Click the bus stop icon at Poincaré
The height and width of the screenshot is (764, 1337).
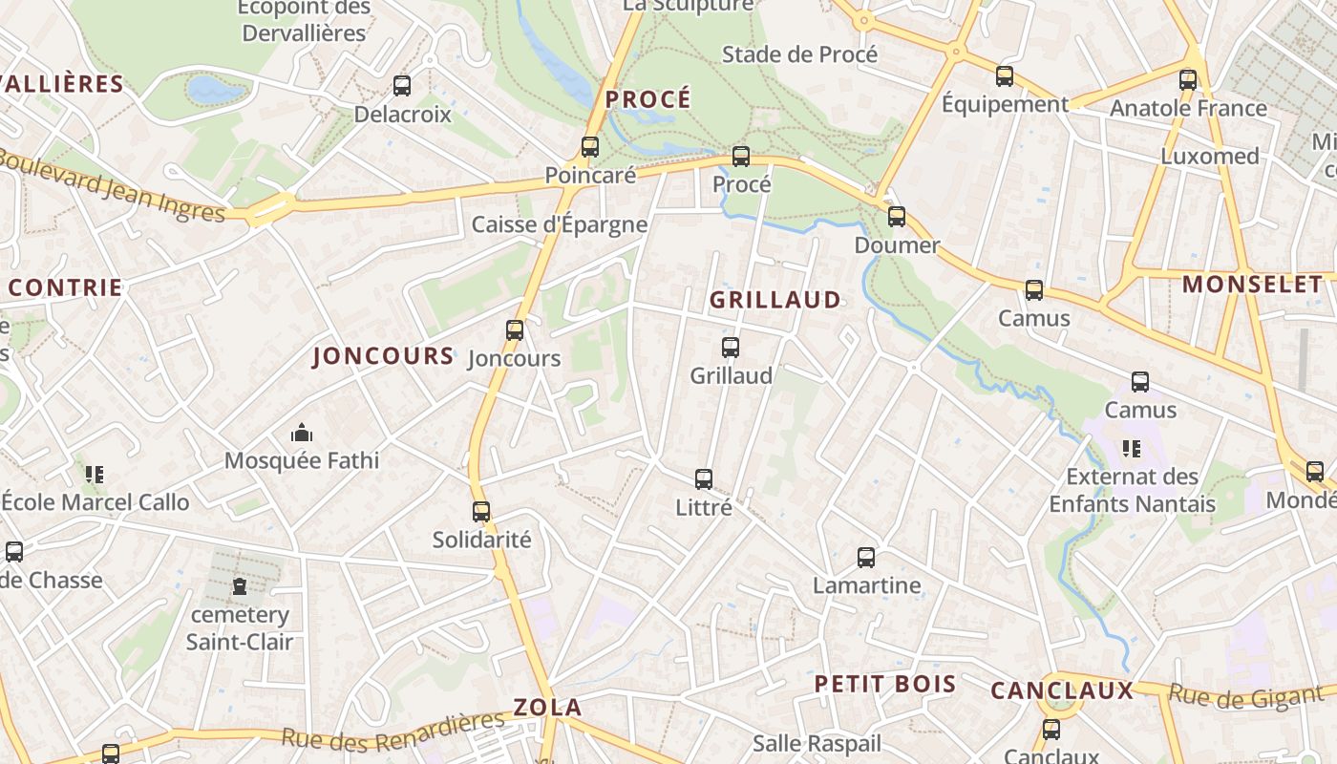point(590,147)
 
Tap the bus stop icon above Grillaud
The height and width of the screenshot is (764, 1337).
point(731,348)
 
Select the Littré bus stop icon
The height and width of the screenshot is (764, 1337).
point(704,479)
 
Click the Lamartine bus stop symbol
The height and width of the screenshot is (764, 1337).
point(866,558)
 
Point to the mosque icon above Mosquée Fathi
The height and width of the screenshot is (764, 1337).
point(302,434)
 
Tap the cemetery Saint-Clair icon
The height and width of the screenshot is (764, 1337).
point(240,586)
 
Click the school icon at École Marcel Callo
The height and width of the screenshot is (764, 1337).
point(94,474)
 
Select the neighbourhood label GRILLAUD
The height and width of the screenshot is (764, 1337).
point(775,300)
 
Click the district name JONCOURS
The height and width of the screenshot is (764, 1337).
point(384,356)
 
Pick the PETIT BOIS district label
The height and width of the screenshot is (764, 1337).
point(885,684)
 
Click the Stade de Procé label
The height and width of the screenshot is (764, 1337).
point(799,54)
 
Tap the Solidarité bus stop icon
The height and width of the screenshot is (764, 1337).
point(481,512)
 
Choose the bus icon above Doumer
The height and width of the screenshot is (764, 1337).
point(896,217)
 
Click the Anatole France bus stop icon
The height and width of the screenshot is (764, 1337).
point(1188,80)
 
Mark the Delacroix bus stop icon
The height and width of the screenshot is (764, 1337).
point(402,86)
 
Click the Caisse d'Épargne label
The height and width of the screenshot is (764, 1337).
point(560,225)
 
